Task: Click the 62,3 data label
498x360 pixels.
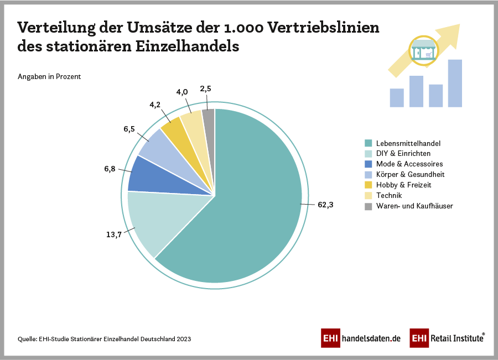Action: [326, 205]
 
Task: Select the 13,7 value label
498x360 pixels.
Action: [114, 234]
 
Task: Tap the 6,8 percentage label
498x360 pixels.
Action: [110, 169]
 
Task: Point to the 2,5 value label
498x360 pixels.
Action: [206, 88]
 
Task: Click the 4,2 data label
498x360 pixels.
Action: [155, 103]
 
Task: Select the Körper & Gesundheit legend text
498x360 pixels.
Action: [410, 175]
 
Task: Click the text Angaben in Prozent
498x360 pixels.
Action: [49, 77]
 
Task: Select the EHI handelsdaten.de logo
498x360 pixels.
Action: [360, 338]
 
